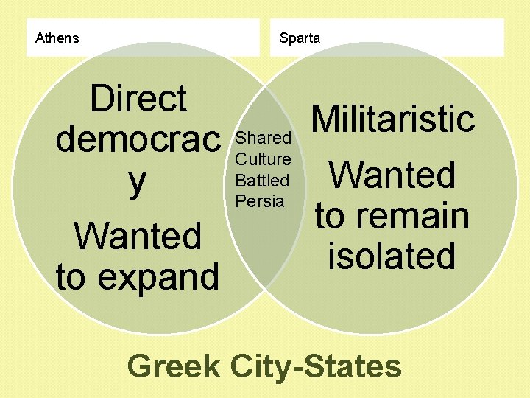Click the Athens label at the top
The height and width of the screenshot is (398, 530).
click(x=57, y=38)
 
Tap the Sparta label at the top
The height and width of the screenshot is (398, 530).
click(x=300, y=38)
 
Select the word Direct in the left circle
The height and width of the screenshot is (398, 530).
click(x=138, y=98)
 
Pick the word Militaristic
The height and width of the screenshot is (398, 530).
click(x=392, y=119)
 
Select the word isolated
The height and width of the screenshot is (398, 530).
click(x=392, y=255)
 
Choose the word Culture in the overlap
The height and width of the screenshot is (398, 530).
click(x=263, y=159)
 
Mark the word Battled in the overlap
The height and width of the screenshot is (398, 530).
click(x=262, y=180)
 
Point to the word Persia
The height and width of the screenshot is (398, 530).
click(x=260, y=200)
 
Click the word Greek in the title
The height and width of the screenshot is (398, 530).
click(x=174, y=366)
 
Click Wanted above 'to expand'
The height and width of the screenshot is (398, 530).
click(x=138, y=237)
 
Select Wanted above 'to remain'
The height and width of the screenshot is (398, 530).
click(x=392, y=175)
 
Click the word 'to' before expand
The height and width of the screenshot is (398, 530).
click(x=71, y=277)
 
